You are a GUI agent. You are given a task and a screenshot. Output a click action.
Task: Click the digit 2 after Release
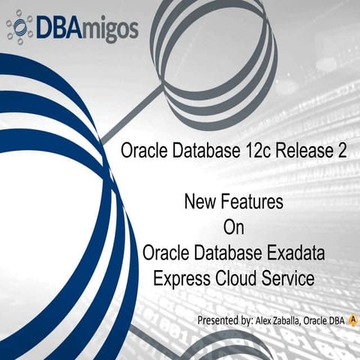point(342,151)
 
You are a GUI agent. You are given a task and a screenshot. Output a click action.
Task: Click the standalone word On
point(234,227)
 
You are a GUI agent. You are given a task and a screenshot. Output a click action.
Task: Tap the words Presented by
point(223,320)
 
